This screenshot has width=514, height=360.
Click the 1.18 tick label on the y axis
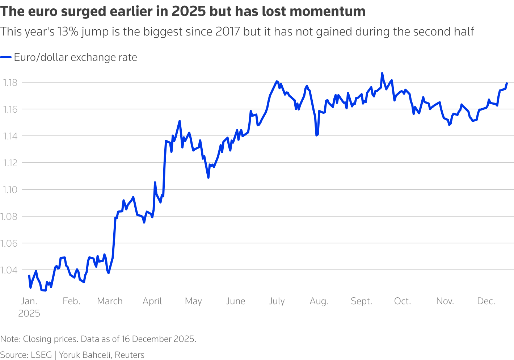[10, 83]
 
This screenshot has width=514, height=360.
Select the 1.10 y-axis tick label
[10, 189]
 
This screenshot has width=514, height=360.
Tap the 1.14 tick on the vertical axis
[10, 136]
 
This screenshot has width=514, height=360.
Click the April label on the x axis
[152, 301]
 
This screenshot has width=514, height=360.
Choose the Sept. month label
[361, 301]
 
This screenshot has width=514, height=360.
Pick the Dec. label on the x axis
[486, 301]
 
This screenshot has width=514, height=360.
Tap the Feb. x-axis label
[71, 301]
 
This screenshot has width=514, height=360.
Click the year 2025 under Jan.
[29, 313]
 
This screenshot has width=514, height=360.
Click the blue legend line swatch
[6, 57]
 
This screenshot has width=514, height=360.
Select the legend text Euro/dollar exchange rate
[75, 57]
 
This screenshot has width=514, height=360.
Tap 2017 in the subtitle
[228, 32]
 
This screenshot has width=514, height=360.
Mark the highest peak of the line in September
[382, 73]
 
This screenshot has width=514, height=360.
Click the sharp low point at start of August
[316, 135]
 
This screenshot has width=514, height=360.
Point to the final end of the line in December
[506, 83]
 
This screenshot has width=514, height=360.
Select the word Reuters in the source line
[130, 355]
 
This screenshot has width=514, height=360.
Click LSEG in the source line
[42, 355]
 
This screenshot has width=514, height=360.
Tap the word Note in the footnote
[10, 339]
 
